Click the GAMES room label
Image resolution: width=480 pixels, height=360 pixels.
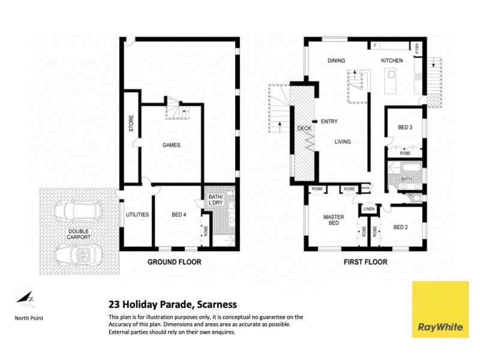[171, 145]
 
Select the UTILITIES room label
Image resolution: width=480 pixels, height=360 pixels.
[137, 215]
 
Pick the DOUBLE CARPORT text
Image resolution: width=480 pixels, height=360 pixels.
[78, 234]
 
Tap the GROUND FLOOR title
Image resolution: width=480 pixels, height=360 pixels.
[175, 262]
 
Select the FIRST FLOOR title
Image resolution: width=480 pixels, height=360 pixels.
[365, 262]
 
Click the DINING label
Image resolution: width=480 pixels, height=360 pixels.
[337, 61]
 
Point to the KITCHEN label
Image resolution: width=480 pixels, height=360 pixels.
[392, 61]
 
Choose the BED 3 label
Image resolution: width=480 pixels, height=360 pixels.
[405, 127]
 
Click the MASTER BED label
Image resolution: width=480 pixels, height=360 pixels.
[332, 220]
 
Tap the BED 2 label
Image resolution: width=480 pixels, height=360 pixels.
[401, 227]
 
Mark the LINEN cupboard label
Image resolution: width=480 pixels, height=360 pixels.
[368, 209]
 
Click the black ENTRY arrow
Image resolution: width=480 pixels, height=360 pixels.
[314, 121]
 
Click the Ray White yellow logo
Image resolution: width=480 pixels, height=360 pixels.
[440, 309]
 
